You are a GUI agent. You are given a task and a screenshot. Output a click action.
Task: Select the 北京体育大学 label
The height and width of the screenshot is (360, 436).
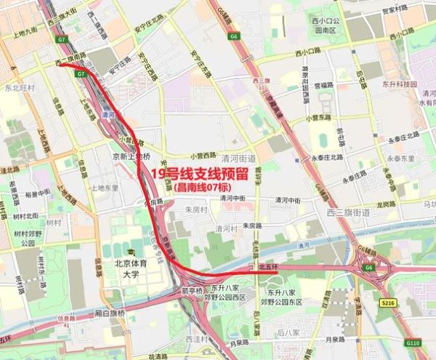[x=125, y=269]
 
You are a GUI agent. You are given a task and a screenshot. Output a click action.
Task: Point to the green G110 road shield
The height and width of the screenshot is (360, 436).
[x=412, y=341]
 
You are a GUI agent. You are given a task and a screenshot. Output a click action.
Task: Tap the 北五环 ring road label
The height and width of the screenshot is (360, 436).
[x=269, y=266]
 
